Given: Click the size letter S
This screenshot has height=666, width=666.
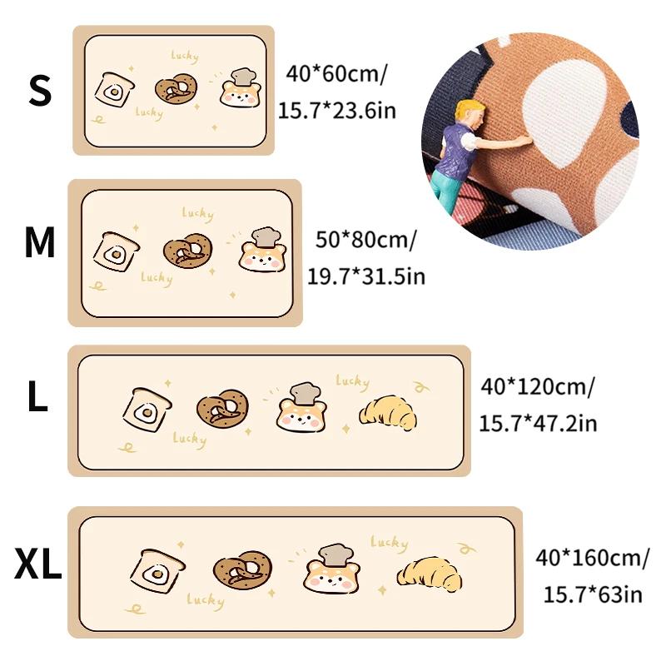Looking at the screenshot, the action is click(x=40, y=91).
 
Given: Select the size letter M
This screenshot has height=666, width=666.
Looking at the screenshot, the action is click(x=40, y=242).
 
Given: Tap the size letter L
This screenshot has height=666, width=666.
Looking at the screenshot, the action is click(x=37, y=396).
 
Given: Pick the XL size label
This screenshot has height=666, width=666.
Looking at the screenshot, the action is click(x=37, y=564).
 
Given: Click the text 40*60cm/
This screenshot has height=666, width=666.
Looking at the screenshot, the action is click(x=336, y=74).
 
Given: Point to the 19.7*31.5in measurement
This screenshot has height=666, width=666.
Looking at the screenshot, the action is click(x=365, y=276).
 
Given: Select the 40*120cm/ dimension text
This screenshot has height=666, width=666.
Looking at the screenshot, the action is click(x=538, y=387).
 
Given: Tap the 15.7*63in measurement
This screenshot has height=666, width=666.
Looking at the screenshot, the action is click(x=593, y=594).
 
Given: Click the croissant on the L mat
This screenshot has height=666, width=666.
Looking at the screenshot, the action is click(x=388, y=413).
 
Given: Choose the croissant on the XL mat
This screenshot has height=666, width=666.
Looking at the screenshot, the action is click(x=429, y=574).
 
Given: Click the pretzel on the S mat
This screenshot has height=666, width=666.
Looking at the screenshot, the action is click(x=176, y=89).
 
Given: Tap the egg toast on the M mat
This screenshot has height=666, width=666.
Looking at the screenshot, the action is click(x=116, y=252).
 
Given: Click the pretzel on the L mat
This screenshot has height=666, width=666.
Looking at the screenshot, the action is click(x=222, y=409).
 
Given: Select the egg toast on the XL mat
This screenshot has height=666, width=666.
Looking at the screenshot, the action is click(x=157, y=570).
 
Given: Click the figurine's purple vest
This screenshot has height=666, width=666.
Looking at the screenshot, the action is click(x=455, y=150).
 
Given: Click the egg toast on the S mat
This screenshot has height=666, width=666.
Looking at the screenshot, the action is click(x=114, y=90).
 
